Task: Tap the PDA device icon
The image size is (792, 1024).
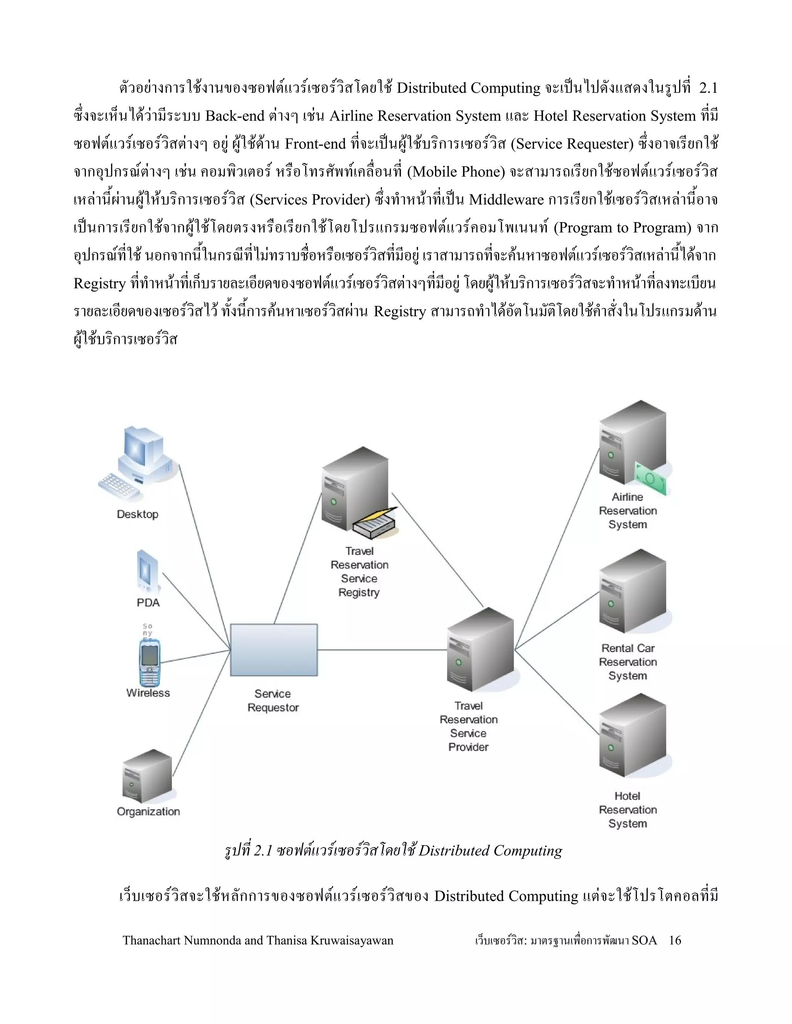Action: pyautogui.click(x=147, y=571)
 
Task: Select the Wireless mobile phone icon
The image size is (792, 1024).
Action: pyautogui.click(x=150, y=662)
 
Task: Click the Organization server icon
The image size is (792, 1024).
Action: pyautogui.click(x=147, y=776)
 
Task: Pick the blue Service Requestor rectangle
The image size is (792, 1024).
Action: pyautogui.click(x=273, y=650)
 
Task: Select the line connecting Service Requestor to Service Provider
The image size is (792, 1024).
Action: pyautogui.click(x=382, y=650)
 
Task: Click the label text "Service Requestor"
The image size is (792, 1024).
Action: pyautogui.click(x=273, y=701)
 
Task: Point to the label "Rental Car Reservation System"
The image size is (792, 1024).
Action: pyautogui.click(x=628, y=662)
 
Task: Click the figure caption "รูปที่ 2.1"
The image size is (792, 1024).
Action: pyautogui.click(x=248, y=850)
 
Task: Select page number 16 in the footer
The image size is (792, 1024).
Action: pyautogui.click(x=675, y=940)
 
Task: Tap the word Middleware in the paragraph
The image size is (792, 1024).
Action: pyautogui.click(x=506, y=200)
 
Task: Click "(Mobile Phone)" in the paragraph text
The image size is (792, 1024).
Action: pyautogui.click(x=456, y=172)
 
